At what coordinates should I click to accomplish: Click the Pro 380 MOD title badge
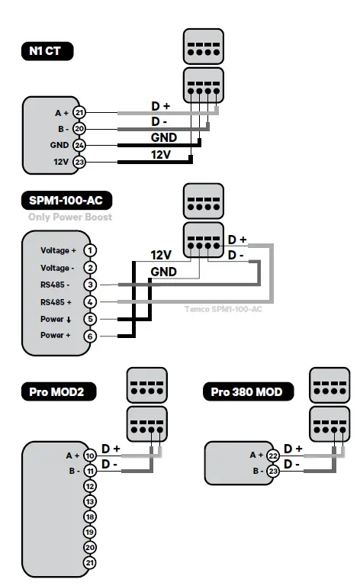click(247, 392)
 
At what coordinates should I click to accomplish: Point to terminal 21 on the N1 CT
click(79, 113)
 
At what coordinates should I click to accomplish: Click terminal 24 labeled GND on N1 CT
click(79, 145)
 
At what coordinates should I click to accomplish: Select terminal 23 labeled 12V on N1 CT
click(79, 161)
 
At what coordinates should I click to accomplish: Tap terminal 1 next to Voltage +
click(91, 250)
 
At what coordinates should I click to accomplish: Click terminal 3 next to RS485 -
click(91, 285)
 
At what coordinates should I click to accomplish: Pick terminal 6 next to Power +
click(91, 336)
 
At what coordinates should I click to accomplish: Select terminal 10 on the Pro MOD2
click(90, 456)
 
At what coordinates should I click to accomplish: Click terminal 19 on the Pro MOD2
click(90, 532)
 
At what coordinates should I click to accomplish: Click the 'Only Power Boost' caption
click(70, 217)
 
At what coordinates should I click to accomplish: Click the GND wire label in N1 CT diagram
click(163, 137)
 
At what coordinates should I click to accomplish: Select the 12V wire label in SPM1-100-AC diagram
click(161, 255)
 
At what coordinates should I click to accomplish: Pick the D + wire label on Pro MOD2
click(111, 449)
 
